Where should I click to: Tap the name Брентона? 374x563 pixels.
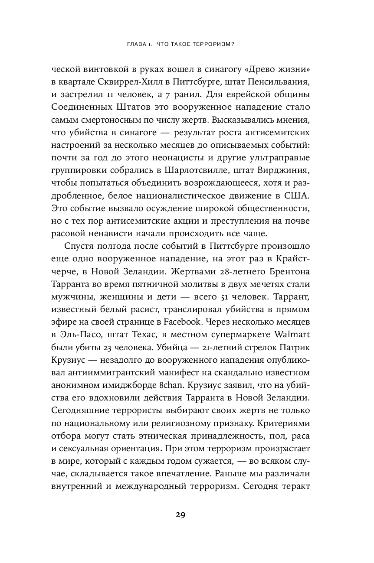point(283,273)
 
